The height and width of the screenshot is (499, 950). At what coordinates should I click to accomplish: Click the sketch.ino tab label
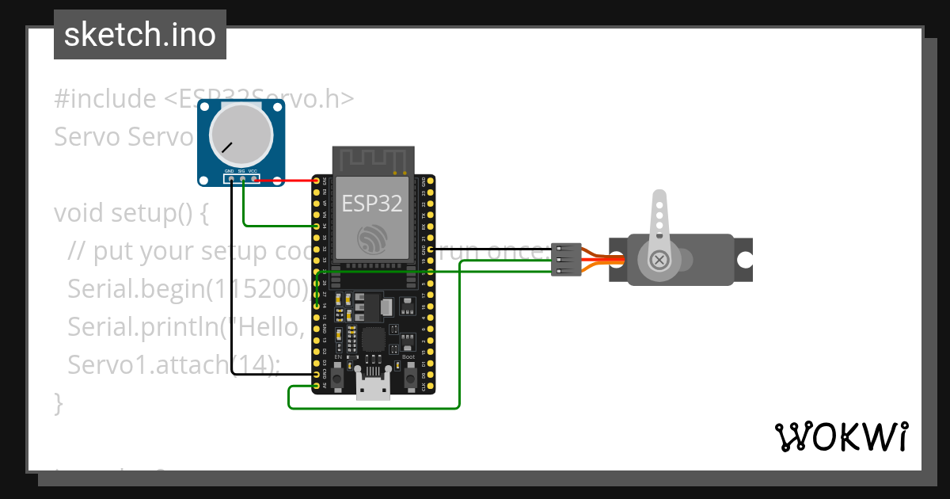pyautogui.click(x=140, y=35)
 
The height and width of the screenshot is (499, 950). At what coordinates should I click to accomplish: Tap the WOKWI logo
pyautogui.click(x=841, y=436)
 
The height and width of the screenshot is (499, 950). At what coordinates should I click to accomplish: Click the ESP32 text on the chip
pyautogui.click(x=372, y=204)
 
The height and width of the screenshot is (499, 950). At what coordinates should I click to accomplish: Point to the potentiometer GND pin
pyautogui.click(x=230, y=179)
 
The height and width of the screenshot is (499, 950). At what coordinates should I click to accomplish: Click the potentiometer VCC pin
pyautogui.click(x=254, y=179)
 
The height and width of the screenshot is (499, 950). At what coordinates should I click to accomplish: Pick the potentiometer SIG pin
pyautogui.click(x=242, y=179)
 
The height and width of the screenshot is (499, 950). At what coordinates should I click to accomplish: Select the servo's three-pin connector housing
pyautogui.click(x=566, y=260)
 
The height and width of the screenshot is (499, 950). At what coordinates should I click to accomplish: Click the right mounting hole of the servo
pyautogui.click(x=743, y=260)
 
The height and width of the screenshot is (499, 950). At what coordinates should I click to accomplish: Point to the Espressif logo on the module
pyautogui.click(x=372, y=238)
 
